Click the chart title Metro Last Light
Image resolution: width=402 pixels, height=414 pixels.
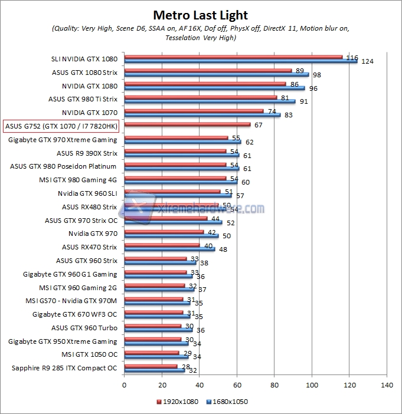(201, 15)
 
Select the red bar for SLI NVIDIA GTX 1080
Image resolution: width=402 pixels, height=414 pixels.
(233, 57)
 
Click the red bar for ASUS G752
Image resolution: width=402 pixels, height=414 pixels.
(187, 124)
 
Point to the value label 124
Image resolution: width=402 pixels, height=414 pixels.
(367, 61)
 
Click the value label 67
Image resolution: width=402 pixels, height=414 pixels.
(258, 125)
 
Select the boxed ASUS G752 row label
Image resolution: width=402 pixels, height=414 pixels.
(61, 126)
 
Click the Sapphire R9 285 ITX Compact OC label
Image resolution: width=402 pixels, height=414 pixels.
(64, 369)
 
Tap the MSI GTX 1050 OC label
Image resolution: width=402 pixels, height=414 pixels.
(89, 355)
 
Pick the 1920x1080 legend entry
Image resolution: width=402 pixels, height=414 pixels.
(179, 402)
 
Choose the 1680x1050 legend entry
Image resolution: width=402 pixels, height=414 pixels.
(227, 402)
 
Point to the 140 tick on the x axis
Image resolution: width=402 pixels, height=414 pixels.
(387, 385)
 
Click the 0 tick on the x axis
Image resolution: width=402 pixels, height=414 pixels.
(124, 385)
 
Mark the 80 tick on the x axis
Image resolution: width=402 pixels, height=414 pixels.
(274, 385)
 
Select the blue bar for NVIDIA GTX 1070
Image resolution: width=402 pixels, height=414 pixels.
(202, 115)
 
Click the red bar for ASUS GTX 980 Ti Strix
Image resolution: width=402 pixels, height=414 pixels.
(200, 97)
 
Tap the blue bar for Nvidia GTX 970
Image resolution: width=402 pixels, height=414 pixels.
(171, 236)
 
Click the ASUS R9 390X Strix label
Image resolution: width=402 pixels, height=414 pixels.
(86, 153)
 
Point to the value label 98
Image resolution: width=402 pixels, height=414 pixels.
(316, 75)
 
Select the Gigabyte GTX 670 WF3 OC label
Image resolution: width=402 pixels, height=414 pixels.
(75, 315)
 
